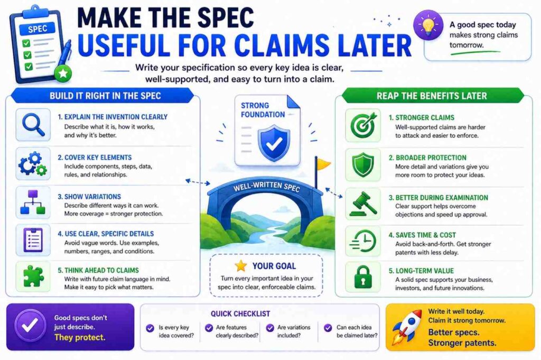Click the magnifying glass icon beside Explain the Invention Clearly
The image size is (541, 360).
pos(33,125)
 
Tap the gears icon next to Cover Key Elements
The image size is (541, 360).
pos(33,164)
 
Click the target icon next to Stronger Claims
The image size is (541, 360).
pos(362,125)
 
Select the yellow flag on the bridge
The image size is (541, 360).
pos(323,165)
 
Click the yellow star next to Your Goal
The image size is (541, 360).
pos(241,265)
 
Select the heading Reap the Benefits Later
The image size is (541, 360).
pos(432,96)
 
